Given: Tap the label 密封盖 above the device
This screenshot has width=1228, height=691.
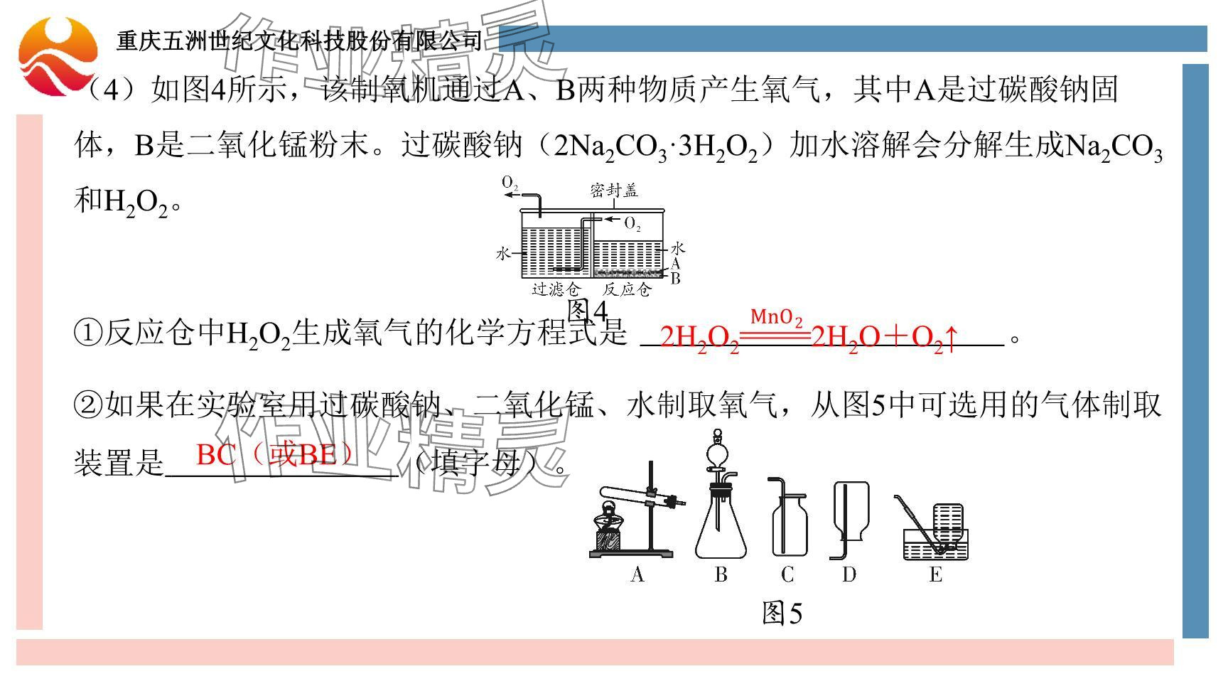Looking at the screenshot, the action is (x=614, y=191).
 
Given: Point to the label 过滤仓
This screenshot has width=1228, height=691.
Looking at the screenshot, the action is (x=556, y=289).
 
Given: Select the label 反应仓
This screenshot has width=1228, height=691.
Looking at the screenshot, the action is (x=627, y=289).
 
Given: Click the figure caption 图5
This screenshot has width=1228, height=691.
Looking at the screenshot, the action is (x=782, y=613).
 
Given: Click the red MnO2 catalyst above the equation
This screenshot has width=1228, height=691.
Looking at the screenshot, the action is (x=776, y=317).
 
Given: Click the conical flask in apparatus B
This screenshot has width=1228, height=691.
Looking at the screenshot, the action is (x=721, y=526).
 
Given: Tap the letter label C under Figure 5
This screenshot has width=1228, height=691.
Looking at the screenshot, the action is (x=787, y=574).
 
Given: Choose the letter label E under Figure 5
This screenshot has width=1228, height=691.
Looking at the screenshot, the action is (x=935, y=574).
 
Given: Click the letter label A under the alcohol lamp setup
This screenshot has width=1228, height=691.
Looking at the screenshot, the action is (x=637, y=574).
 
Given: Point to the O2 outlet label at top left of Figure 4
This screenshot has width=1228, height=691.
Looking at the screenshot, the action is (x=510, y=183).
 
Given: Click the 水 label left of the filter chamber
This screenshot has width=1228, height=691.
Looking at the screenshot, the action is (x=503, y=253).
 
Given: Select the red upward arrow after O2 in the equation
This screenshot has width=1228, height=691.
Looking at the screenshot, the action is (x=952, y=337).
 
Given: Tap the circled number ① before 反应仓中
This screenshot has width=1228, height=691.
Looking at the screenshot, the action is (x=88, y=333).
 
